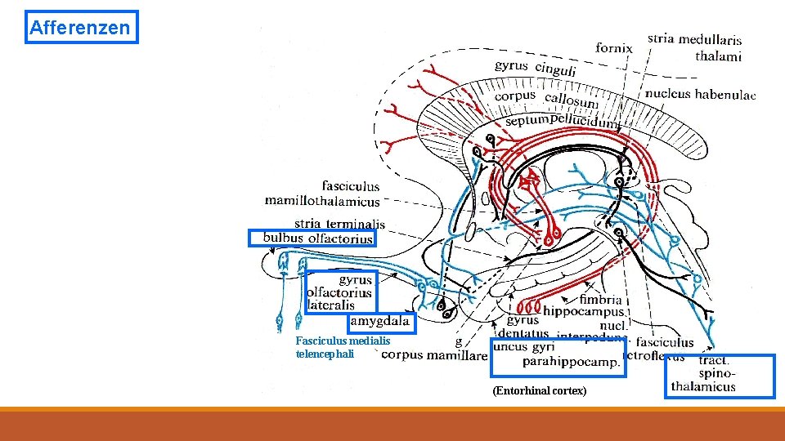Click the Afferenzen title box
click(x=82, y=27)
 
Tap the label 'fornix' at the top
click(x=614, y=48)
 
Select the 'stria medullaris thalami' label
click(x=694, y=47)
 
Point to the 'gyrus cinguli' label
click(x=536, y=68)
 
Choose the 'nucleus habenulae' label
click(x=700, y=94)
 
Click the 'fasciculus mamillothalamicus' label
click(x=323, y=194)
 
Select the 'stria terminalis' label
click(x=339, y=223)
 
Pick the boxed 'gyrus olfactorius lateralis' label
click(x=340, y=292)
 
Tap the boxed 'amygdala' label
click(x=379, y=322)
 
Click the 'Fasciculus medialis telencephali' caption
click(x=343, y=347)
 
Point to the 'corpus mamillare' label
click(x=423, y=354)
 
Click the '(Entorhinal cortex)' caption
click(x=539, y=391)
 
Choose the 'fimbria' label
click(x=601, y=300)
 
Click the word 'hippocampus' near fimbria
click(x=585, y=312)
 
